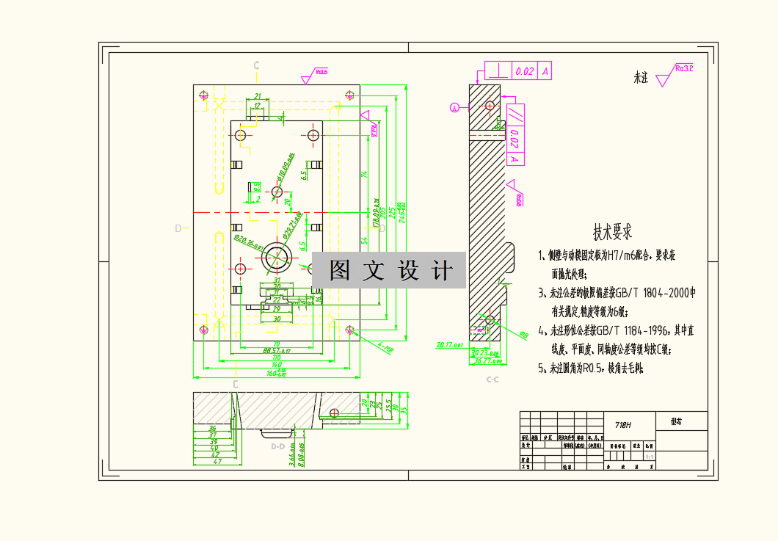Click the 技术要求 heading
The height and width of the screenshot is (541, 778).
point(613,233)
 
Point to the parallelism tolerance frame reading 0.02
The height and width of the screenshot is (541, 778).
point(515,135)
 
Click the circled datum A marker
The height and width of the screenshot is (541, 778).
point(454,108)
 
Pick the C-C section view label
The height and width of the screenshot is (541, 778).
point(492,380)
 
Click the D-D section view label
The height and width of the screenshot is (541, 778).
point(277,446)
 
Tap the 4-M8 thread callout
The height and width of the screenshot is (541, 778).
point(385,347)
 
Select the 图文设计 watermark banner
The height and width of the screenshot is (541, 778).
point(389,271)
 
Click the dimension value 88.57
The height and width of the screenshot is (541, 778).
point(276,351)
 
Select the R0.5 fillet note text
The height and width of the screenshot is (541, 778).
point(592,368)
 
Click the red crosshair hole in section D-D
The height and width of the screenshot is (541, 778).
point(334,413)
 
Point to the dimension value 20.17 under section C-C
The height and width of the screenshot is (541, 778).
point(449,344)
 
